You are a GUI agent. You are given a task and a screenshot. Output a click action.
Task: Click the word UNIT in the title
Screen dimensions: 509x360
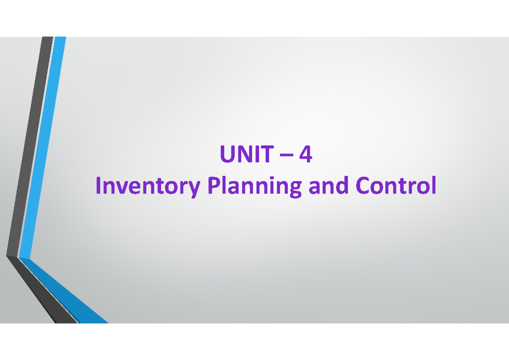[x=247, y=154]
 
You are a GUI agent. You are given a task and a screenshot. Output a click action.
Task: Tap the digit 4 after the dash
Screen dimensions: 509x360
[x=305, y=154]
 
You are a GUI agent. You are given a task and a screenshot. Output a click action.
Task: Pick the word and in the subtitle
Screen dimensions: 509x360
[x=328, y=185]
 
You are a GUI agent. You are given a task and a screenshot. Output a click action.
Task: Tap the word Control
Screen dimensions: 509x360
[x=396, y=185]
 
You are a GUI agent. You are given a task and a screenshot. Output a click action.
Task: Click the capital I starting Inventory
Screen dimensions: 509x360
[x=98, y=185]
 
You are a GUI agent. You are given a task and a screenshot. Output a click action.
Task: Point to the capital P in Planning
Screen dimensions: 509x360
[x=214, y=185]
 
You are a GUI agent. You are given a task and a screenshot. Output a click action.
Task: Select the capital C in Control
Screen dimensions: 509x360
[x=362, y=185]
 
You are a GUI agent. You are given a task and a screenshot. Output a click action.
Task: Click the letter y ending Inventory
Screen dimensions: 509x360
[x=194, y=190]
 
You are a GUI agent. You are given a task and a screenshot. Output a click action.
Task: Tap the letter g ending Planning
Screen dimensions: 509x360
[x=296, y=190]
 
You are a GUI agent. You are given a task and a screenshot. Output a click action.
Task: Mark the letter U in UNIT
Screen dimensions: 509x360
[x=227, y=154]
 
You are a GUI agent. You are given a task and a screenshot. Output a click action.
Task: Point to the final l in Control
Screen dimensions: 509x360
[x=434, y=185]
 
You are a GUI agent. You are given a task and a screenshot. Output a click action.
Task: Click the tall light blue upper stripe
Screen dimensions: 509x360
[x=43, y=148]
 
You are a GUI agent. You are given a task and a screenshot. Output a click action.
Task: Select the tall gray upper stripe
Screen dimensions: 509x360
[x=30, y=146]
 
